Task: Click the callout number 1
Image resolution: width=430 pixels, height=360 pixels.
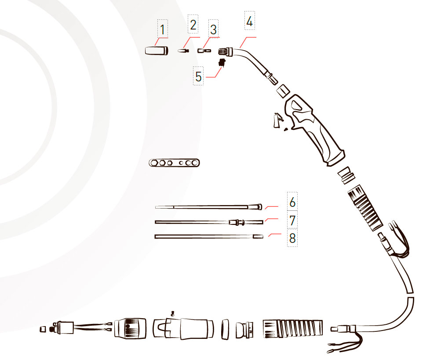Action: click(x=162, y=29)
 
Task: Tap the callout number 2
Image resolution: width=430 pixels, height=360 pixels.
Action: click(x=193, y=25)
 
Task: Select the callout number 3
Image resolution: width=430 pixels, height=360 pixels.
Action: click(x=213, y=29)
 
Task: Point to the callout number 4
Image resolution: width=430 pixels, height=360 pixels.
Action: click(x=249, y=21)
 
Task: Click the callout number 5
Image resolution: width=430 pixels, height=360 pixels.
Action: click(x=198, y=76)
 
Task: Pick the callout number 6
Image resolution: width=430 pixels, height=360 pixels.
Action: click(x=292, y=202)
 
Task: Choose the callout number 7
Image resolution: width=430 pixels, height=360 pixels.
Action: click(x=292, y=220)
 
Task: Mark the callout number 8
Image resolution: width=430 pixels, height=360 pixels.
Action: click(x=292, y=238)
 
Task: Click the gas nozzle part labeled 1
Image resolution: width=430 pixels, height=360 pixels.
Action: click(x=157, y=51)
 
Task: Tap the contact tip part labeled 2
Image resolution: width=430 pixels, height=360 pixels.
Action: click(x=183, y=51)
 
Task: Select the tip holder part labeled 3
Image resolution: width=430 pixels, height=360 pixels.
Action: click(x=204, y=51)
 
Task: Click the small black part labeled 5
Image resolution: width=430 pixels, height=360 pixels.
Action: click(x=222, y=62)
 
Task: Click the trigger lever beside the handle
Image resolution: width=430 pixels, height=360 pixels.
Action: click(x=277, y=121)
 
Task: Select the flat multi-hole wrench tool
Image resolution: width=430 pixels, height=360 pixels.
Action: click(x=174, y=163)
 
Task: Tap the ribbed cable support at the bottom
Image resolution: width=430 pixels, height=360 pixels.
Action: click(x=293, y=329)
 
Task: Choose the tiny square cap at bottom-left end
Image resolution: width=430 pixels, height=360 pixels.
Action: click(x=43, y=329)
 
